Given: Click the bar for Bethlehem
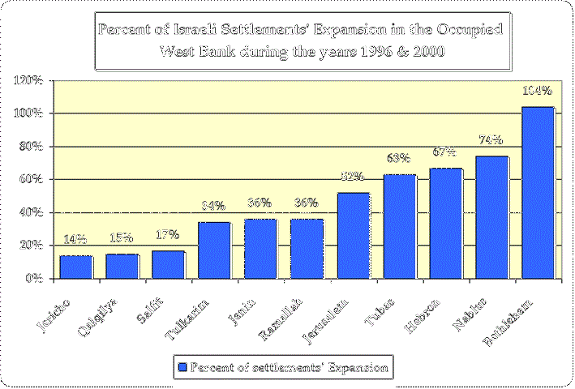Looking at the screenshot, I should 537,193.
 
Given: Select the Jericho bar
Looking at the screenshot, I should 75,267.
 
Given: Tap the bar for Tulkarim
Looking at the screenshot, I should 214,250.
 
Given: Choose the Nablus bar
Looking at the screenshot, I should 491,217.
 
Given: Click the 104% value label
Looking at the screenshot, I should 537,91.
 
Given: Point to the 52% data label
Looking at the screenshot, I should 353,177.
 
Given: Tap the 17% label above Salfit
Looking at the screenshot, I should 168,235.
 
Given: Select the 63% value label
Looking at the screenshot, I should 399,158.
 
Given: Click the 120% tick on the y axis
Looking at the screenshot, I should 30,80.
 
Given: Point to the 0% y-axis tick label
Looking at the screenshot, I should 36,278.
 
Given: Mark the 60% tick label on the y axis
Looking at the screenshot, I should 33,179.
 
